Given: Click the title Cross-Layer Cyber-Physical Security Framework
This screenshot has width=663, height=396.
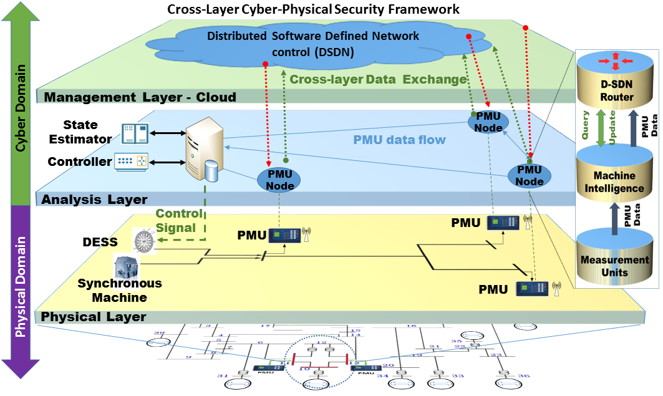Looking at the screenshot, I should tap(314, 9).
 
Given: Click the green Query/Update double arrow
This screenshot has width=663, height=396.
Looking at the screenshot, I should tap(601, 129).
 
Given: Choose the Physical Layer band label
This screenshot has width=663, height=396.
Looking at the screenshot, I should tap(94, 317).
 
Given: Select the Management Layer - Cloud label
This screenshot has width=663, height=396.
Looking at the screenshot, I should tap(140, 97).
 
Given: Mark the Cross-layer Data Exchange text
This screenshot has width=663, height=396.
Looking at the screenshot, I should tap(378, 79).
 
